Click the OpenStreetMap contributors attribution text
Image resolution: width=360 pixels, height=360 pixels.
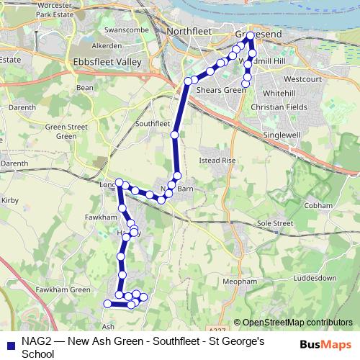pos(297,323)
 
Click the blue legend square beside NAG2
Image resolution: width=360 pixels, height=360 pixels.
pos(9,343)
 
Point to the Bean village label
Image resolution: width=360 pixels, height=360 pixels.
pos(85,87)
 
